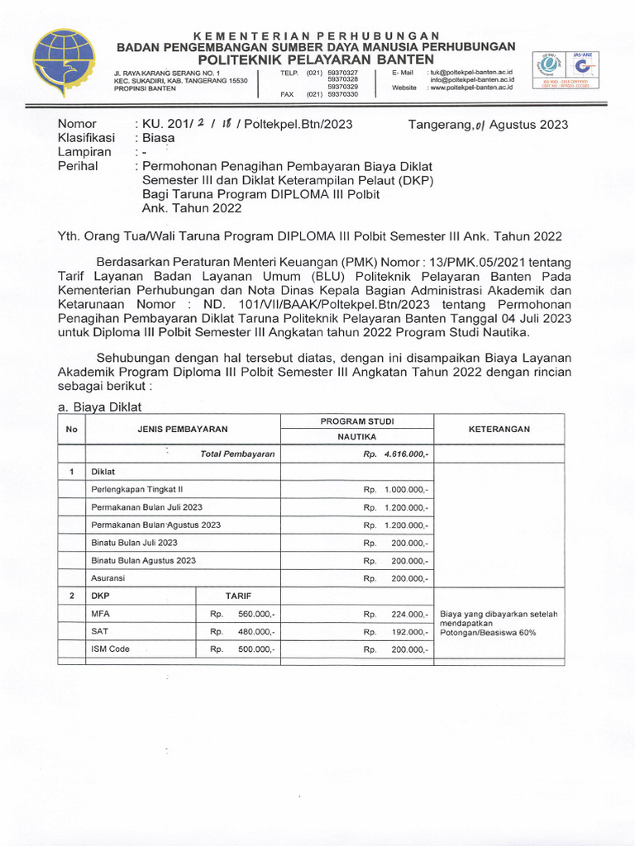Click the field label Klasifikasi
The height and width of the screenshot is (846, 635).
[85, 138]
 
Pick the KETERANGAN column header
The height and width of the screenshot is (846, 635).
[499, 430]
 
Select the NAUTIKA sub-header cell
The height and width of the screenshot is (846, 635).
[357, 437]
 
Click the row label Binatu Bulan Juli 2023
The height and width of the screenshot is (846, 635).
[134, 543]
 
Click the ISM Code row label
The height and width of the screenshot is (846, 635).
[111, 649]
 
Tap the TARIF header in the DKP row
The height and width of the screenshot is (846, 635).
[238, 596]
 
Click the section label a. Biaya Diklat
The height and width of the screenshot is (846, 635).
[100, 406]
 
